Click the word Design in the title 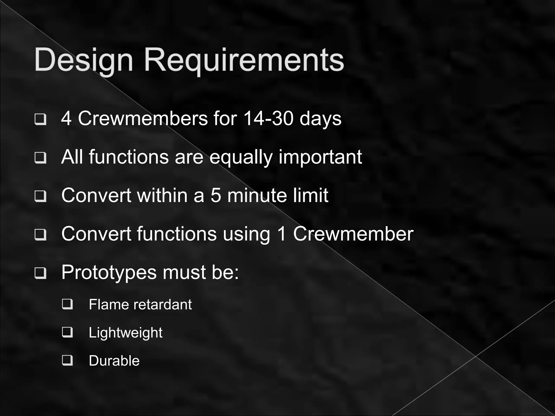(x=83, y=60)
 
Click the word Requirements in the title (x=244, y=60)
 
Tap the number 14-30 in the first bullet (x=268, y=119)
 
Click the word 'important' (x=320, y=157)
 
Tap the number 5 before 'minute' (x=216, y=195)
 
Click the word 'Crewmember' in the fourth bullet (x=353, y=234)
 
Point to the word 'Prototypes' (x=109, y=272)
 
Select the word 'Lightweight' (x=125, y=333)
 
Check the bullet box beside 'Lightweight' (x=67, y=332)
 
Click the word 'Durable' (x=114, y=361)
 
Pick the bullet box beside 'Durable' (x=67, y=360)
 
